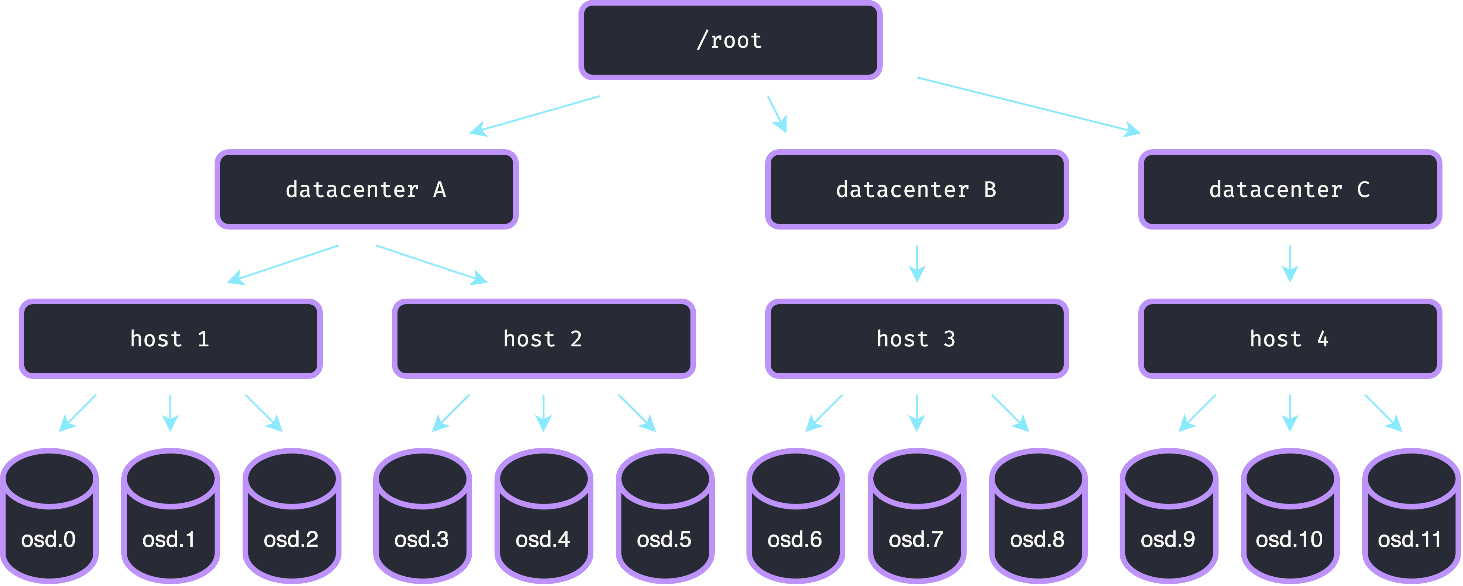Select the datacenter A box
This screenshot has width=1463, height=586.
[x=366, y=190]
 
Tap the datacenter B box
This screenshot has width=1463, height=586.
[x=917, y=190]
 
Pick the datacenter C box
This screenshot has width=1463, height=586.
[x=1290, y=190]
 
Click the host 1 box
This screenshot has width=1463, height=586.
[x=171, y=339]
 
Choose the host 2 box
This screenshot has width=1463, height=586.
[x=543, y=339]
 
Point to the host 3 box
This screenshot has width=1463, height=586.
[x=917, y=339]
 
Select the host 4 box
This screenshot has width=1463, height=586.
[x=1290, y=339]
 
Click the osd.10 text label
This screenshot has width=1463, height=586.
[x=1289, y=539]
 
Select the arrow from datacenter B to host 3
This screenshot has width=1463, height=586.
[x=917, y=264]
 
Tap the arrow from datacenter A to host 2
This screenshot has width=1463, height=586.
[x=432, y=265]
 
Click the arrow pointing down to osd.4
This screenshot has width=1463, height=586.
[x=543, y=413]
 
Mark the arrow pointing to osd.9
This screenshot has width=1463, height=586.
[x=1197, y=413]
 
